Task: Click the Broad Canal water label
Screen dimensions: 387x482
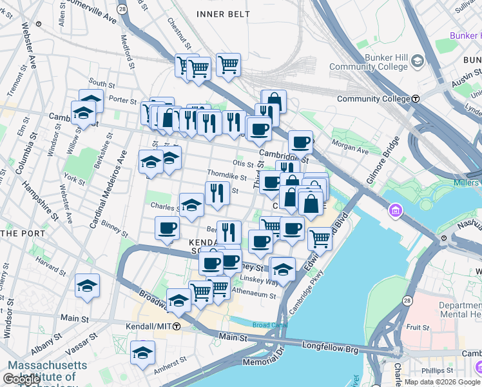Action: (x=267, y=325)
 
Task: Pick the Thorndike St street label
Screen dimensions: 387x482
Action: (x=227, y=176)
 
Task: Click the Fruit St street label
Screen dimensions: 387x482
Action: (x=418, y=328)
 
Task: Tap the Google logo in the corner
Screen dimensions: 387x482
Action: (x=22, y=379)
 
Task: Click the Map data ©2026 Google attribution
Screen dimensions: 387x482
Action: (x=442, y=382)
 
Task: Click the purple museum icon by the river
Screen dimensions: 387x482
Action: (x=396, y=211)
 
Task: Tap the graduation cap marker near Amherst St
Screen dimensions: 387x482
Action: (x=142, y=353)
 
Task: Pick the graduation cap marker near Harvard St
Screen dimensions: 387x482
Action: (x=87, y=285)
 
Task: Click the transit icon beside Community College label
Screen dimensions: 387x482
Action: (x=416, y=99)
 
